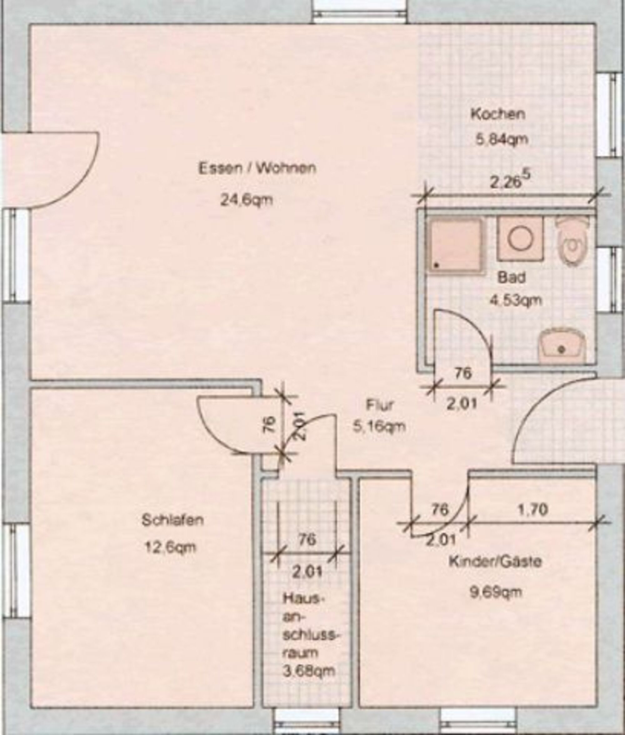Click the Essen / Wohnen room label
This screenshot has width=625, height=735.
click(257, 168)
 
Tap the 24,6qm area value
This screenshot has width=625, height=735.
click(247, 201)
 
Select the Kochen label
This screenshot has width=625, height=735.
click(498, 114)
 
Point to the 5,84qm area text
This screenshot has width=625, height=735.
click(501, 140)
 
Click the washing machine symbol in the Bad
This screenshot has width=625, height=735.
click(520, 238)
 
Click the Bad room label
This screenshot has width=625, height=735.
click(511, 277)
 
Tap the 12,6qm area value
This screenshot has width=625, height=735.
click(170, 548)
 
